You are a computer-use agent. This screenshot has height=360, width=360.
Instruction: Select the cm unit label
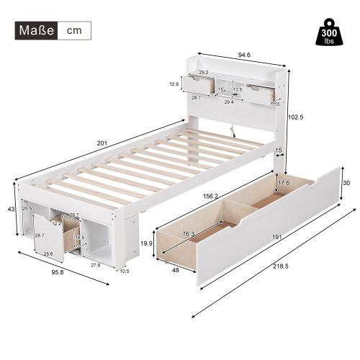point(75,31)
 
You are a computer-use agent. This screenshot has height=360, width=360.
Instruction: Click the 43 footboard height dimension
point(10,209)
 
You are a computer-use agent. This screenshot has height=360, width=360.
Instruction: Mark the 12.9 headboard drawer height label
point(173,84)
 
